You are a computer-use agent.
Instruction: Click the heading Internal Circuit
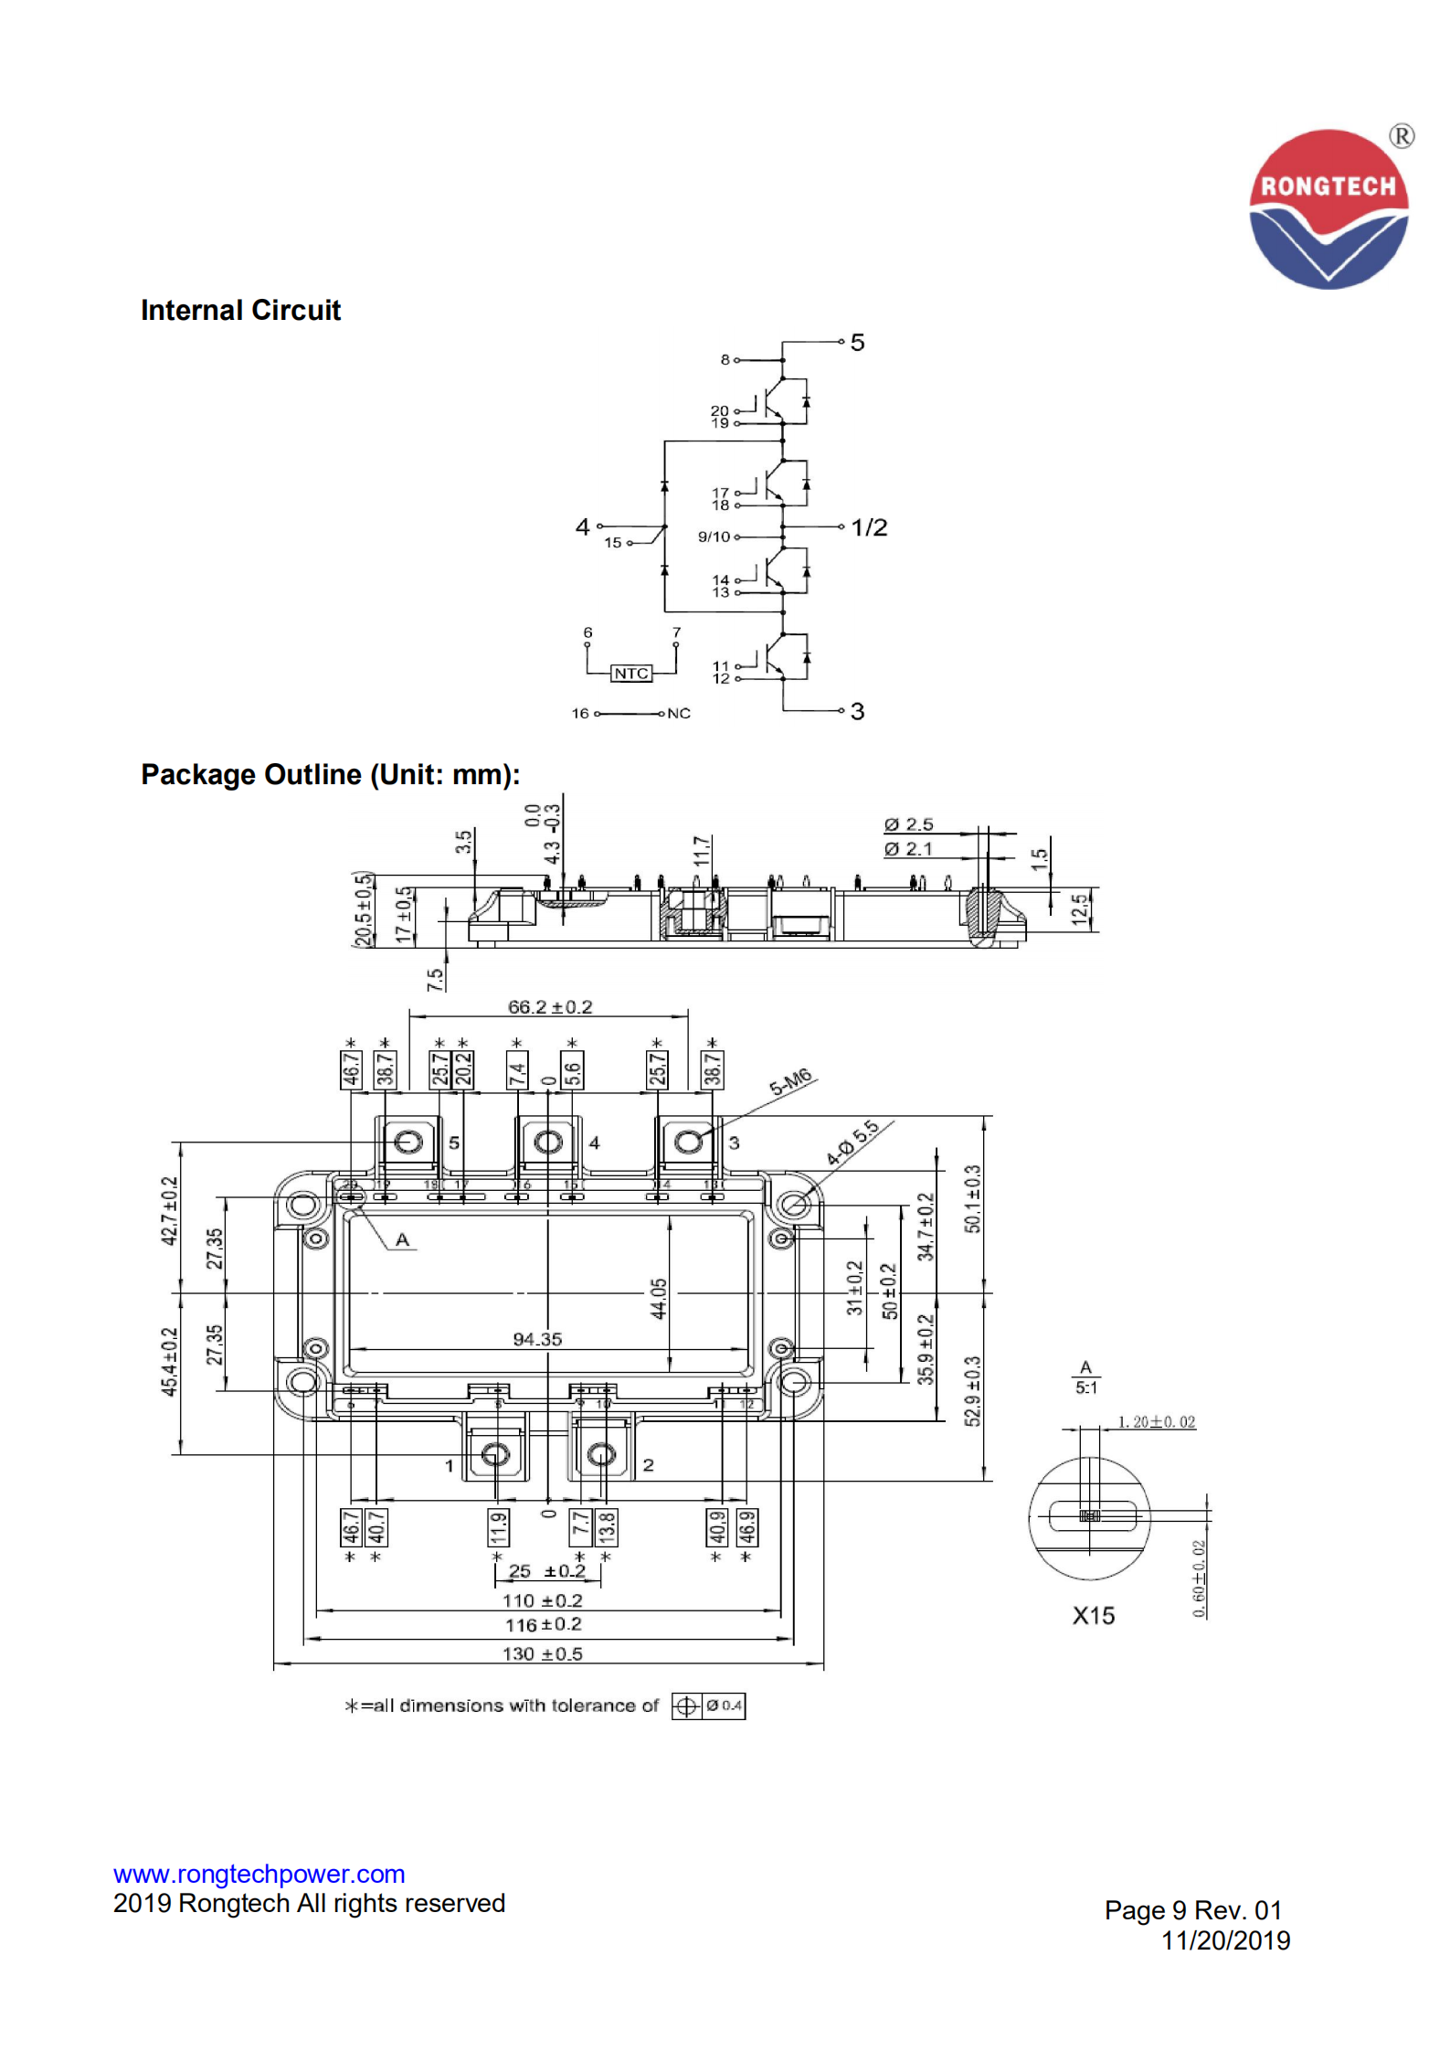click(240, 311)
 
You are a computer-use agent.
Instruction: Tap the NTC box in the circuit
click(630, 674)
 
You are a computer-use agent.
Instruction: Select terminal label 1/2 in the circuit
click(868, 527)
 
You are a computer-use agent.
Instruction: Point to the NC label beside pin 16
click(679, 713)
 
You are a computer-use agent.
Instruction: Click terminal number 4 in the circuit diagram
click(582, 526)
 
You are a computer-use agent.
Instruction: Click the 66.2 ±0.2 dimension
click(549, 1007)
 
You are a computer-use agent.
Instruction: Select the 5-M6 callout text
click(790, 1081)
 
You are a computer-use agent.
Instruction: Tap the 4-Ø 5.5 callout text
click(852, 1142)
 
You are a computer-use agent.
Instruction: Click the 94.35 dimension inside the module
click(537, 1340)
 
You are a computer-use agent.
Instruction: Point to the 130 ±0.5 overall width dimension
click(542, 1653)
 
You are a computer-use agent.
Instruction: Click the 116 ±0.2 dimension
click(544, 1624)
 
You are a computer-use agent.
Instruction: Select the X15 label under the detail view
click(1093, 1616)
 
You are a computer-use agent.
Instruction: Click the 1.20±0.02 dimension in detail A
click(1156, 1422)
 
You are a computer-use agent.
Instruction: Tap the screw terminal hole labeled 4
click(547, 1142)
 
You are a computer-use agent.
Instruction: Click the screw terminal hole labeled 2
click(601, 1454)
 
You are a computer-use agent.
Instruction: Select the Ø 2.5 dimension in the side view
click(908, 824)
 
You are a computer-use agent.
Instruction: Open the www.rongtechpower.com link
click(259, 1874)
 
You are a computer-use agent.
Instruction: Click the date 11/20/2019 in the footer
click(1224, 1940)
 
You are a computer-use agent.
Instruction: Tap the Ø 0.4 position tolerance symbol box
click(709, 1706)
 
